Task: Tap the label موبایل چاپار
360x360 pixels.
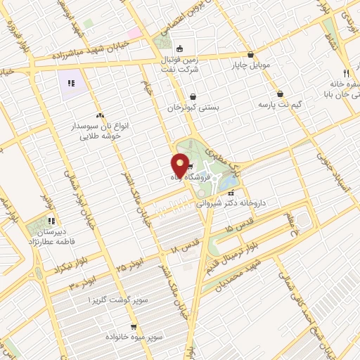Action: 251,66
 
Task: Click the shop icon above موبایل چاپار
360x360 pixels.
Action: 251,55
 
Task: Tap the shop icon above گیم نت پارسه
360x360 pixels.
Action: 281,94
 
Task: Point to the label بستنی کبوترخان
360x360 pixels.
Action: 193,108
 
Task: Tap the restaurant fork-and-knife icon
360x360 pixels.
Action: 346,73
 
